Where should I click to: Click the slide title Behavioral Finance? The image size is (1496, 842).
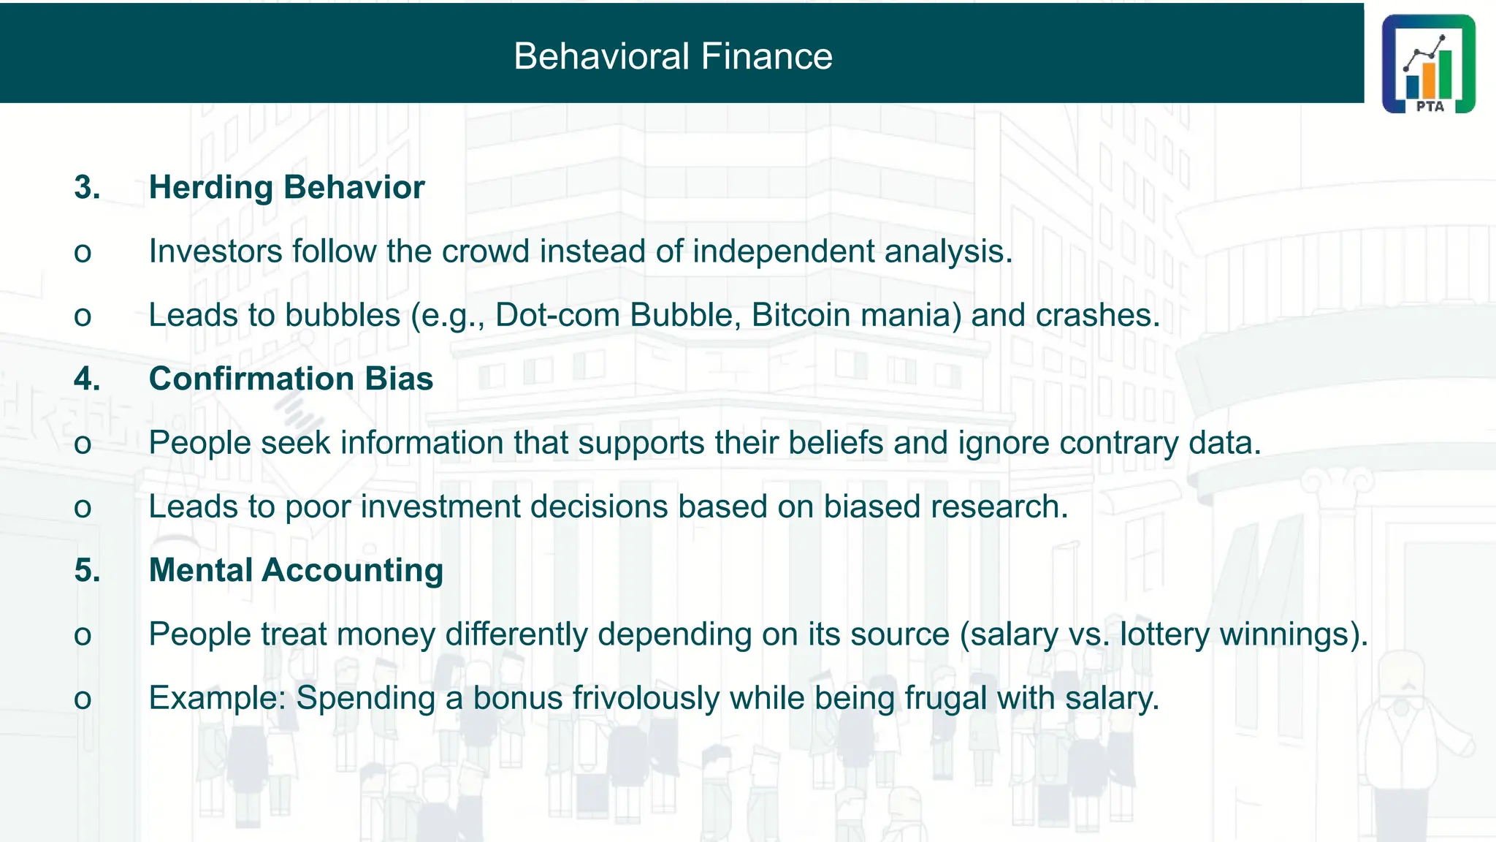[x=673, y=56]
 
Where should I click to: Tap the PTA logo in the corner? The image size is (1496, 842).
[x=1428, y=64]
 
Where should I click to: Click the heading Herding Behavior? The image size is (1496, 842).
[x=286, y=187]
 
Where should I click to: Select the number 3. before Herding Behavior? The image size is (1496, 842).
[x=87, y=187]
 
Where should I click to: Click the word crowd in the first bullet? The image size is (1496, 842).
[x=485, y=251]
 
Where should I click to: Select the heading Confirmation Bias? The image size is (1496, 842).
[x=291, y=379]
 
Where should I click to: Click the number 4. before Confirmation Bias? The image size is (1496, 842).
[x=87, y=379]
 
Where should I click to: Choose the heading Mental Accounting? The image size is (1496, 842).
[x=296, y=570]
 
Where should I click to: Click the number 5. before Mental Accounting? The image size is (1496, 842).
[x=87, y=570]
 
